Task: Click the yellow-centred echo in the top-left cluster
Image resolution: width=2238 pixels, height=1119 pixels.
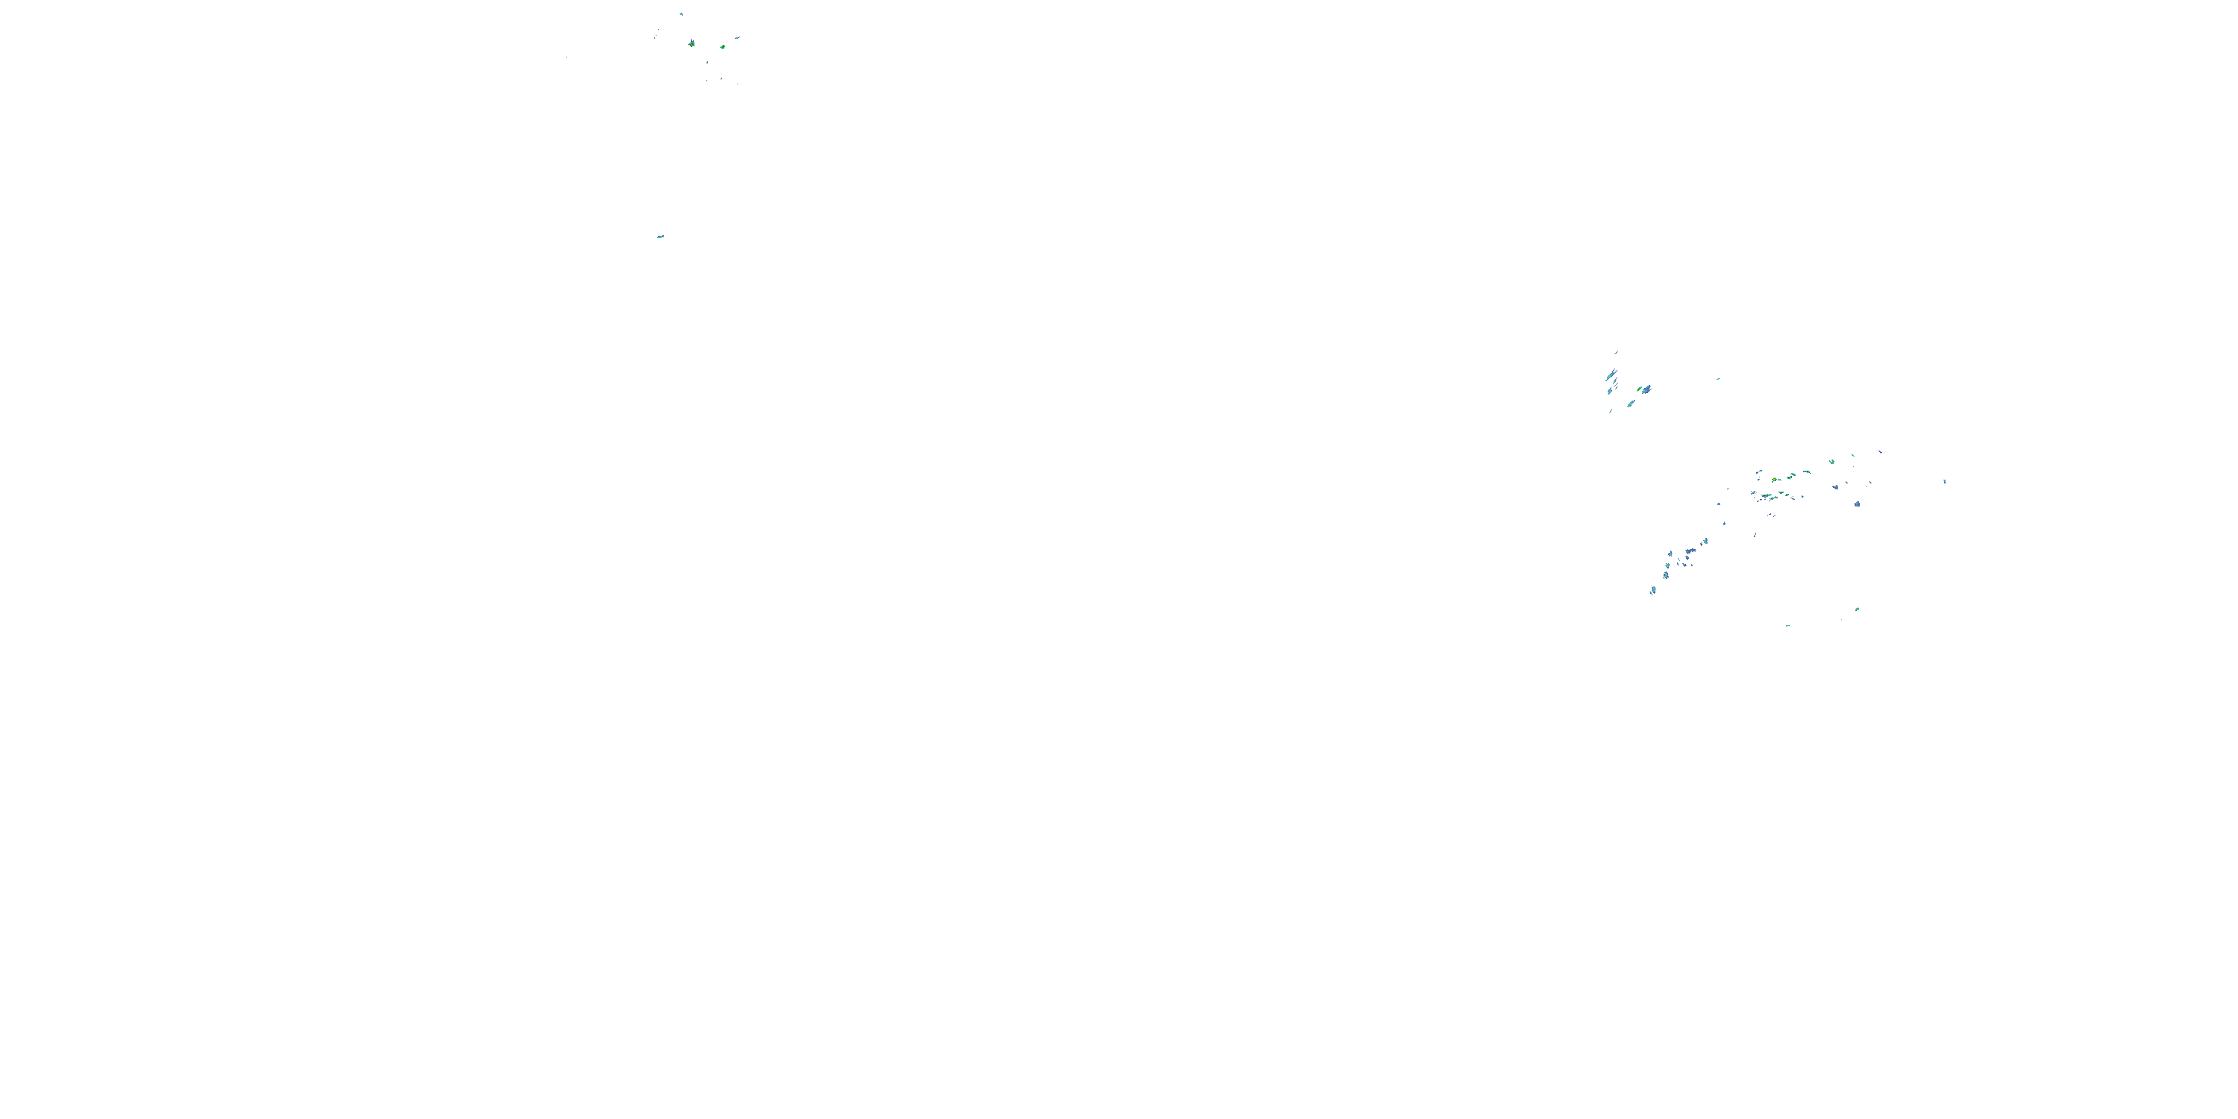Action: [x=692, y=43]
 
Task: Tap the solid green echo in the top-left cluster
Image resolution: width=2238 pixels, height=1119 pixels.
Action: [x=722, y=47]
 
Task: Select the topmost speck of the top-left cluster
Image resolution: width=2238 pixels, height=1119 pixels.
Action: [x=681, y=14]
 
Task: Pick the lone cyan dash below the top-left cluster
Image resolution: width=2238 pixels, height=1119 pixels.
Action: [x=660, y=236]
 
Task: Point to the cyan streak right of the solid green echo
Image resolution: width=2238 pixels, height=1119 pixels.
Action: [x=737, y=38]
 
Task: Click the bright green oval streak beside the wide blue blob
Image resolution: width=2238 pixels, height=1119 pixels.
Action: [x=1640, y=389]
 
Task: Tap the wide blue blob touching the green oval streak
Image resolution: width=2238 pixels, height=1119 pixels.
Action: [x=1646, y=391]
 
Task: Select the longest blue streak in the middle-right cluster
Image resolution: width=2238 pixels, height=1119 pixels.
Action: [x=1611, y=376]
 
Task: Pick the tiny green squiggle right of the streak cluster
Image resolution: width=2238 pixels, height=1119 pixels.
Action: [x=1717, y=379]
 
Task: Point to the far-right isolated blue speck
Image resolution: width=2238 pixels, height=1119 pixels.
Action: [x=1944, y=481]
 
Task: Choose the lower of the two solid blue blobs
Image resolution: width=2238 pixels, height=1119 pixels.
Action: [x=1857, y=504]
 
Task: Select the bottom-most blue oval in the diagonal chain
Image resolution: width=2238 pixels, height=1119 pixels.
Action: [x=1652, y=591]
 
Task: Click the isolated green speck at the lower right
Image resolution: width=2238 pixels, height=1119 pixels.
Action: [x=1857, y=609]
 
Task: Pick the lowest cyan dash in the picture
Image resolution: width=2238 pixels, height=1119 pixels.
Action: [x=1787, y=626]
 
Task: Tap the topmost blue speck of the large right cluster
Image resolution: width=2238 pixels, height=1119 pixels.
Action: [x=1880, y=452]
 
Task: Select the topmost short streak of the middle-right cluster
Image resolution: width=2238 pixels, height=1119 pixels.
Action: [x=1616, y=352]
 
